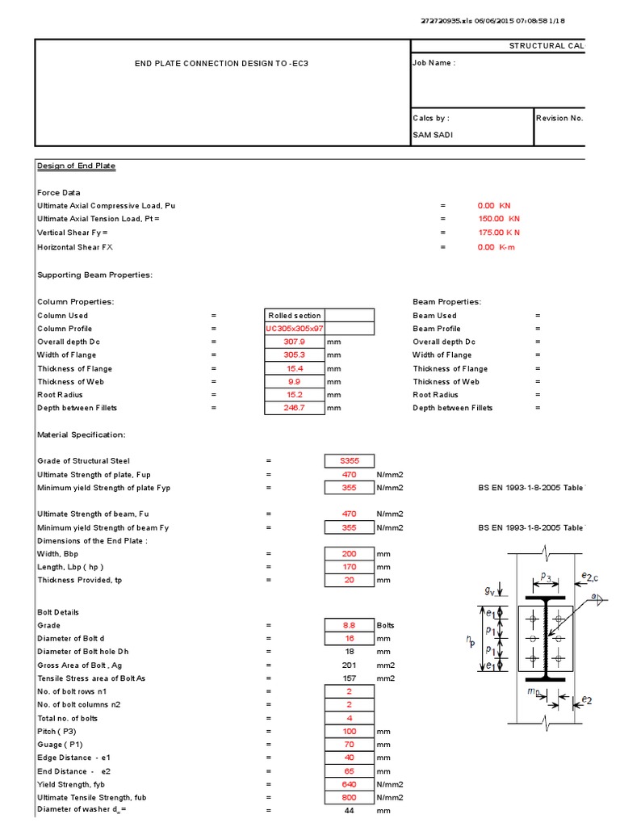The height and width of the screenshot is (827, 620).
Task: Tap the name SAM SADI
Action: click(x=432, y=135)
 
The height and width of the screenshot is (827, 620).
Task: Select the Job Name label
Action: click(x=434, y=63)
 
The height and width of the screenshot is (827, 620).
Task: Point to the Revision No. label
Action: click(x=559, y=118)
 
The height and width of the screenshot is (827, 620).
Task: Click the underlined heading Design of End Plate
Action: click(x=77, y=166)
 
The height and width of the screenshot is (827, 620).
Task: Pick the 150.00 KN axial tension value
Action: click(x=499, y=219)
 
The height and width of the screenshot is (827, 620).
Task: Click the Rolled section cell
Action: click(x=294, y=316)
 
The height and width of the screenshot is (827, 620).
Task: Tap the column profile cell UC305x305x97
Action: click(x=294, y=329)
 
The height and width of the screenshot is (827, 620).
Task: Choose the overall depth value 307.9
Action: click(x=294, y=342)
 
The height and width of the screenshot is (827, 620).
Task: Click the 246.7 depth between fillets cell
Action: click(x=294, y=408)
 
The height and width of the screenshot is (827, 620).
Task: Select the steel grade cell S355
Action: click(x=349, y=461)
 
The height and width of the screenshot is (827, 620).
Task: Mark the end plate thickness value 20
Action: click(x=349, y=581)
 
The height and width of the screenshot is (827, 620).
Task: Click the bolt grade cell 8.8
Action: click(x=349, y=625)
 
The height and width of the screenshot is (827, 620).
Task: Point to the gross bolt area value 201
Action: click(x=349, y=665)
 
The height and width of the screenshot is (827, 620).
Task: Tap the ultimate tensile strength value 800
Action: click(x=349, y=797)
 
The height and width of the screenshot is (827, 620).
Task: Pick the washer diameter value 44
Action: click(x=349, y=810)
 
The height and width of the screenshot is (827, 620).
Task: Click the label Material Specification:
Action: click(x=82, y=434)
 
